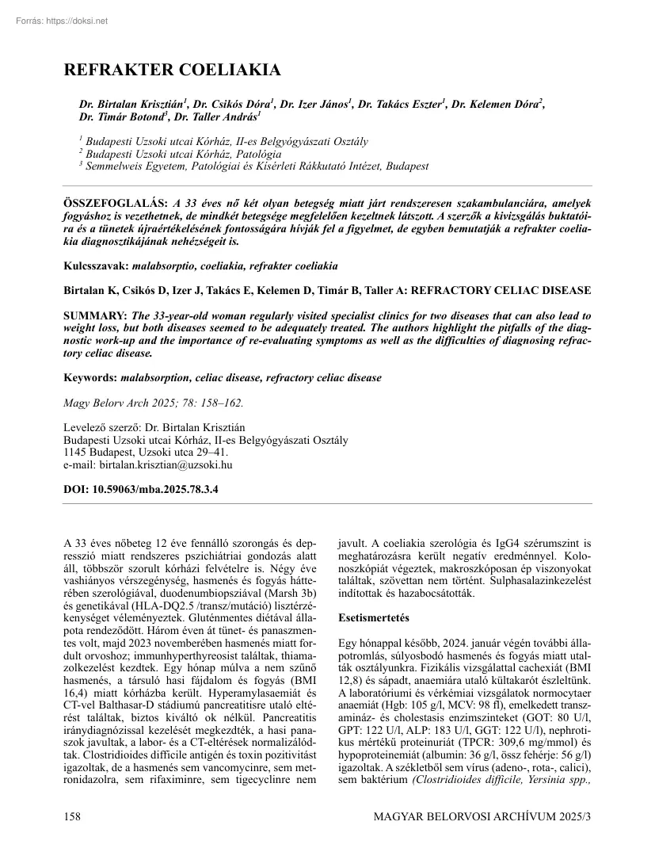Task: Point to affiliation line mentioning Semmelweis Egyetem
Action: click(x=253, y=166)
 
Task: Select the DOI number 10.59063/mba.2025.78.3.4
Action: click(x=155, y=490)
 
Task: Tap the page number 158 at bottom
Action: click(x=74, y=815)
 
